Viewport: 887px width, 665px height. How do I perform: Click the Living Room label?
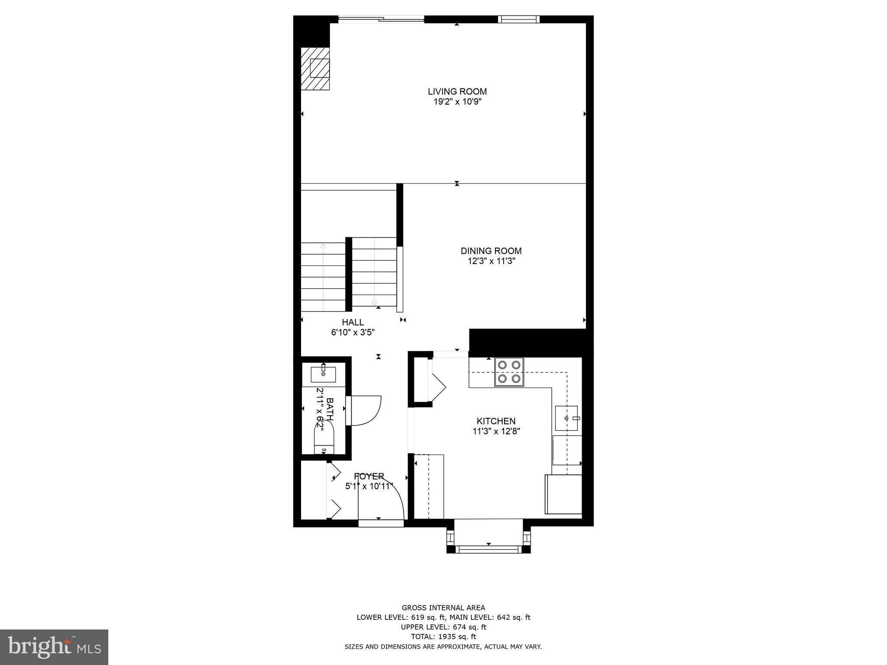(457, 91)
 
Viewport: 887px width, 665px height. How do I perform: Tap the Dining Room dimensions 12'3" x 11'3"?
(491, 261)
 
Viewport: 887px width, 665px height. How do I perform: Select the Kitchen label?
(496, 421)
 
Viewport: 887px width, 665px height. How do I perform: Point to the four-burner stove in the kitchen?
(509, 371)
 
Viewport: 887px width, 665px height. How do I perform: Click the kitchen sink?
(567, 418)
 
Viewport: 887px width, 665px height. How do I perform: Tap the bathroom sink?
(323, 374)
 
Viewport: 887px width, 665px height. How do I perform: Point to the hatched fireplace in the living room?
(316, 69)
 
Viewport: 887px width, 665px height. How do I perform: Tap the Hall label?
(353, 322)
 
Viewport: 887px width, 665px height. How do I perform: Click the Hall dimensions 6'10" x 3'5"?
(353, 332)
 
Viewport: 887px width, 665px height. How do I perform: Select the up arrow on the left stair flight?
(323, 247)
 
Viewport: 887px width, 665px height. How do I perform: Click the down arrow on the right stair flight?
(374, 303)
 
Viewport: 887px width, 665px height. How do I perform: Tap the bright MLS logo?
(54, 647)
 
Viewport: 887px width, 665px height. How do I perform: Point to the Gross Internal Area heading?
(443, 608)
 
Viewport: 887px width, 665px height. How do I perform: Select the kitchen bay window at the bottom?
(489, 549)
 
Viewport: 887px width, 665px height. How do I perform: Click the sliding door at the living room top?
(381, 19)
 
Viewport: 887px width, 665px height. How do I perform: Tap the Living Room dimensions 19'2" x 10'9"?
(457, 102)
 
